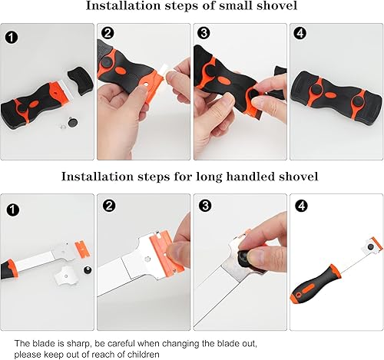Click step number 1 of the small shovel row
click(12, 38)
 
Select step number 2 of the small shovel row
click(108, 33)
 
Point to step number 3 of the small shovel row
click(204, 33)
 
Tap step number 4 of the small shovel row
click(300, 33)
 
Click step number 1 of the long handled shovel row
click(13, 210)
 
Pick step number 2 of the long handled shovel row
click(109, 206)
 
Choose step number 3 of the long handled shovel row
click(205, 206)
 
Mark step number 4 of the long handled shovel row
click(302, 206)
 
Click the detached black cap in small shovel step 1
click(81, 81)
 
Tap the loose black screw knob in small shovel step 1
click(72, 122)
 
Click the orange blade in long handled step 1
click(83, 249)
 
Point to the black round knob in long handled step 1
click(88, 270)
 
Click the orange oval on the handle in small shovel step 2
click(120, 70)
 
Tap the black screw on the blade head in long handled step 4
click(370, 246)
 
